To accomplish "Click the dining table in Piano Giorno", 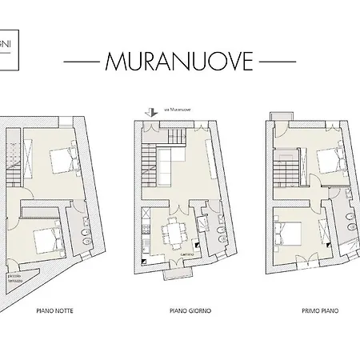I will coord(171,232).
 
